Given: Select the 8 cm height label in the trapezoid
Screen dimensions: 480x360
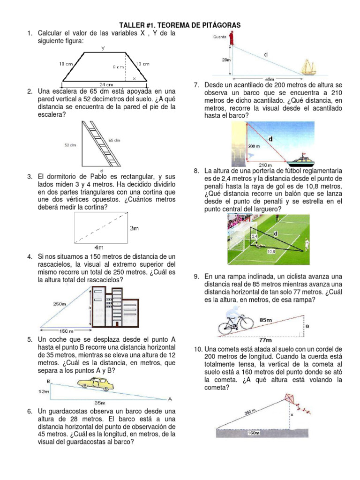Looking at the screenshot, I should (118, 67).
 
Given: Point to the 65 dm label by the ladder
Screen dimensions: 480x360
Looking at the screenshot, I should (114, 140).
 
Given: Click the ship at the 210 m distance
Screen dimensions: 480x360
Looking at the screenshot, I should (300, 159).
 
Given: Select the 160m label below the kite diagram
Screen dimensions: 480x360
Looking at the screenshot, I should (253, 433).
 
